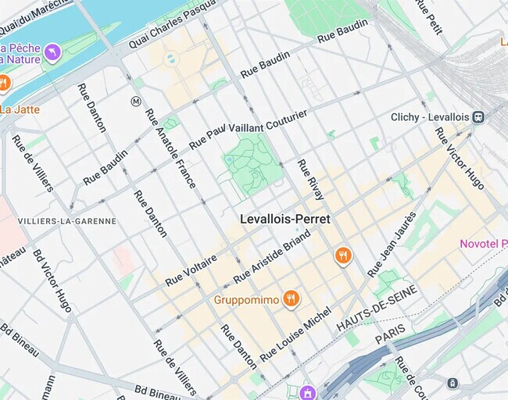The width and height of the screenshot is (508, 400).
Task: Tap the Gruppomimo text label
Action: (246, 299)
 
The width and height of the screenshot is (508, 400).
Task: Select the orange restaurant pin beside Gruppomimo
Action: (291, 298)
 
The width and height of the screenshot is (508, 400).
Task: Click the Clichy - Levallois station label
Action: (429, 117)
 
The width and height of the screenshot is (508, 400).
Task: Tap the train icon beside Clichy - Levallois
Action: (478, 117)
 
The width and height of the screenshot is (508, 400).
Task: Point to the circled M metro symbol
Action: (135, 101)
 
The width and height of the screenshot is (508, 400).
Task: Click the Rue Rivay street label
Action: (310, 179)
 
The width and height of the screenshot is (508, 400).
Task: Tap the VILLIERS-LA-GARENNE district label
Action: (66, 221)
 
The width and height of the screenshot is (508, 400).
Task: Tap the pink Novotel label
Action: (483, 244)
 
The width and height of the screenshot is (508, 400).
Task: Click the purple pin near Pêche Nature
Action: (52, 52)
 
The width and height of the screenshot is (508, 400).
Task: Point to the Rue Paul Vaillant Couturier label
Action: (249, 127)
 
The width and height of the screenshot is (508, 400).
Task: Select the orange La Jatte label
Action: (20, 109)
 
